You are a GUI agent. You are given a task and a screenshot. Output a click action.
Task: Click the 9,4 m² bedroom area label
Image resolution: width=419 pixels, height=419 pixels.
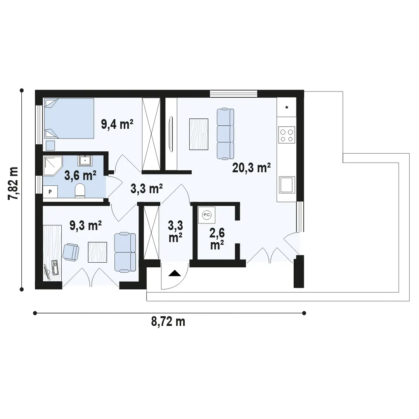point(117,124)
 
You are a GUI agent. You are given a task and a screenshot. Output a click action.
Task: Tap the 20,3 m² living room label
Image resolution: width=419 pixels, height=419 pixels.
point(251,168)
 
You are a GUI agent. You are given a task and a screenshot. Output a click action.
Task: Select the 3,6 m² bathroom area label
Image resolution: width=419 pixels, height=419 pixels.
point(80,176)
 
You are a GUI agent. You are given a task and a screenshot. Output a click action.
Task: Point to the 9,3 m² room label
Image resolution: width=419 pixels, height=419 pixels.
point(85,225)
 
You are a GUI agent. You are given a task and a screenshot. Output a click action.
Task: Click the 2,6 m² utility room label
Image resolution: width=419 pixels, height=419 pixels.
point(217,239)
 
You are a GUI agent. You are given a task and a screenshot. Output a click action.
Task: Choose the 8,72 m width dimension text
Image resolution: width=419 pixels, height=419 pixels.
point(168,322)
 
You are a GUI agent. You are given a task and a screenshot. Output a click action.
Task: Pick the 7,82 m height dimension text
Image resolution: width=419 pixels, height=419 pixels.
point(13,183)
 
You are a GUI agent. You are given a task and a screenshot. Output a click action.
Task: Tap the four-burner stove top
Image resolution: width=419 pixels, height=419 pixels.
point(287,135)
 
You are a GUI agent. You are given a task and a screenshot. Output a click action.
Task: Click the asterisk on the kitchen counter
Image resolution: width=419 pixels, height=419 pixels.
point(287,108)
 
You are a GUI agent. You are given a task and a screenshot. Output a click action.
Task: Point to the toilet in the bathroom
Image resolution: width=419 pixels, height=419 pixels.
point(80,190)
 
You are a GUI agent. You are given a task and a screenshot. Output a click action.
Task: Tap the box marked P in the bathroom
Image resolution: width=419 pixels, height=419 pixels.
point(50,192)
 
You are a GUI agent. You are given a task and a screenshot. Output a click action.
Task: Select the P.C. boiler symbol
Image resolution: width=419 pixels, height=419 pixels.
point(206,215)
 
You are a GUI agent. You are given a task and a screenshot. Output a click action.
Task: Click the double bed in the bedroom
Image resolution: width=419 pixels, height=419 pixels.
point(69,118)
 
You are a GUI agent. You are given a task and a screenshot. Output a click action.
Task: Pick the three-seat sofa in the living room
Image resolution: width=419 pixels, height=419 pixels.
point(225,134)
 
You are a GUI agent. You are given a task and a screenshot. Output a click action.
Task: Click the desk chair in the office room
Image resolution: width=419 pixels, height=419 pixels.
point(71,251)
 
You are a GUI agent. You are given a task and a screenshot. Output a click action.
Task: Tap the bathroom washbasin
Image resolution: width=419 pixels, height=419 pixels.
point(85,161)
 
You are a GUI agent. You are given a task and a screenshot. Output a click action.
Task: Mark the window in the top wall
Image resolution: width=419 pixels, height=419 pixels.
point(234,94)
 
